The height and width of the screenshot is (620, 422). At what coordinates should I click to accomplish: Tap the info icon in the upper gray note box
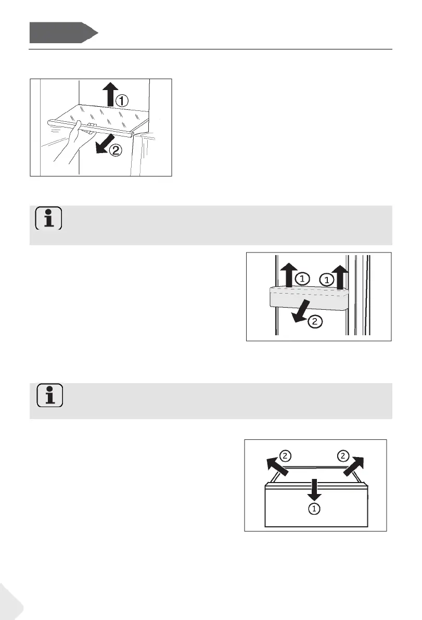[x=48, y=219]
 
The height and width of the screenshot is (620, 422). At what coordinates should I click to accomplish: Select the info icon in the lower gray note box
[x=49, y=395]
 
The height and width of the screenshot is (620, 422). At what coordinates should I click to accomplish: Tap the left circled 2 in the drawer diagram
[x=285, y=457]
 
